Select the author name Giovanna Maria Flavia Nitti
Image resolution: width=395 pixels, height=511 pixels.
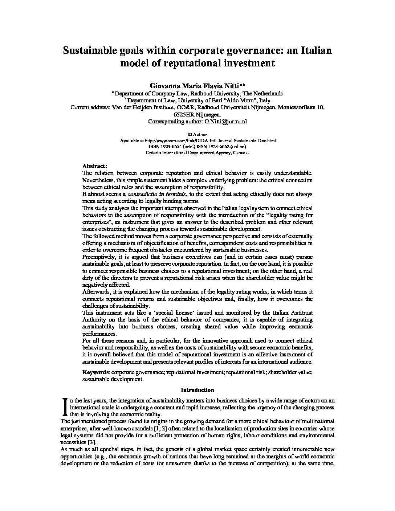[194, 86]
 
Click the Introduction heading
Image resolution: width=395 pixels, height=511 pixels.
[197, 390]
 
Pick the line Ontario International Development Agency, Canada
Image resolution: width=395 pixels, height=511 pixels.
[197, 153]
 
